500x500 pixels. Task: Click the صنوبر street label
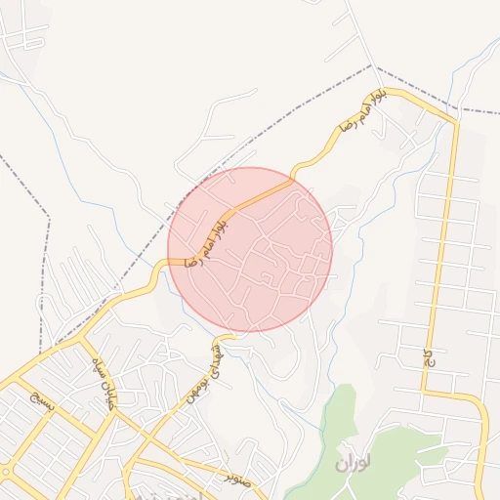[x=237, y=478]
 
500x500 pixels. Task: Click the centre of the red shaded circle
[x=250, y=250]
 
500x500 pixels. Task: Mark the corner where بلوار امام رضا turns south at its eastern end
[x=453, y=121]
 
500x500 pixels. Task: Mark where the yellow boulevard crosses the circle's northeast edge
[x=292, y=180]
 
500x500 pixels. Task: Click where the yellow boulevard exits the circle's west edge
[x=168, y=262]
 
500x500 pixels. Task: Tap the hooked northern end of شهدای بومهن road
[x=219, y=338]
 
